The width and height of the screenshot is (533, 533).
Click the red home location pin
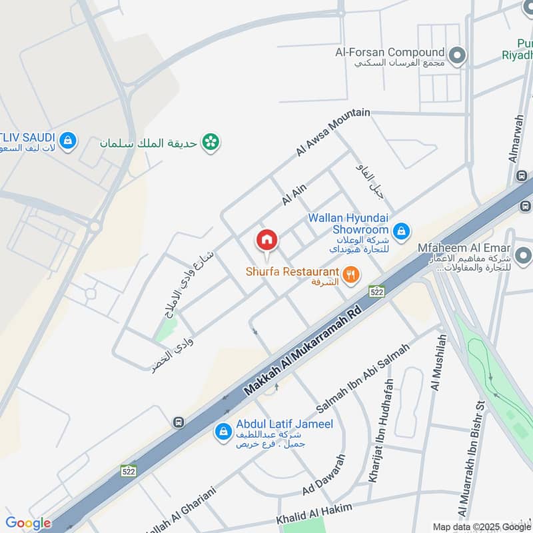[266, 240]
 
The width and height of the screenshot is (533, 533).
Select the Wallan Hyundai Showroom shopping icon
[400, 231]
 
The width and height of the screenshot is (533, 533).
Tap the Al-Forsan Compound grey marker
[457, 55]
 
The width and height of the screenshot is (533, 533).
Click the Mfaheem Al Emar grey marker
[523, 255]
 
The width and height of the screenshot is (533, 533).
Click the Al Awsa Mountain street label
[332, 133]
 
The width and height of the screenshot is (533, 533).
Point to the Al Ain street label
[294, 194]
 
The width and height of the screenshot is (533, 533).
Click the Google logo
[28, 523]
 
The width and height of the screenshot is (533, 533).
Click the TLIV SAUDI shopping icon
[67, 141]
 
